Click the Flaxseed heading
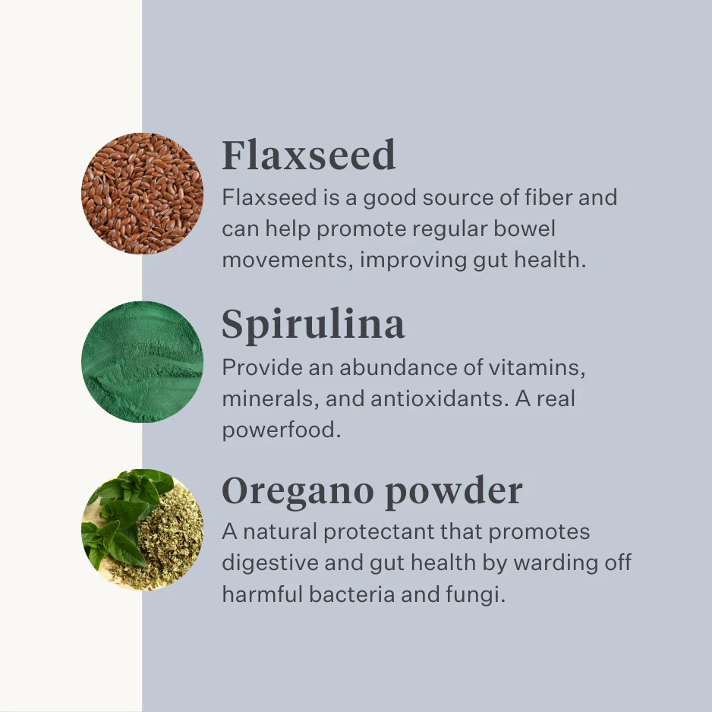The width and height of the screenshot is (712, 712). pyautogui.click(x=309, y=155)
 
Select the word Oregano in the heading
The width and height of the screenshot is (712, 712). pyautogui.click(x=298, y=492)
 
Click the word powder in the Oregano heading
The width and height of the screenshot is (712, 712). pyautogui.click(x=454, y=492)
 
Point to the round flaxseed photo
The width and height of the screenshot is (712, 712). pyautogui.click(x=142, y=194)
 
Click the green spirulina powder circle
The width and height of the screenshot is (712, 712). pyautogui.click(x=142, y=362)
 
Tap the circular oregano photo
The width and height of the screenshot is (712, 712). pyautogui.click(x=142, y=530)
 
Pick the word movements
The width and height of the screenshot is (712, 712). pyautogui.click(x=288, y=260)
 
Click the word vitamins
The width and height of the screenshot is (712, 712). pyautogui.click(x=537, y=367)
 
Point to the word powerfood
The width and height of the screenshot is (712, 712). pyautogui.click(x=282, y=430)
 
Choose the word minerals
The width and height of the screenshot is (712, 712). pyautogui.click(x=270, y=399)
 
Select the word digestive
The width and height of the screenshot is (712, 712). pyautogui.click(x=269, y=563)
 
